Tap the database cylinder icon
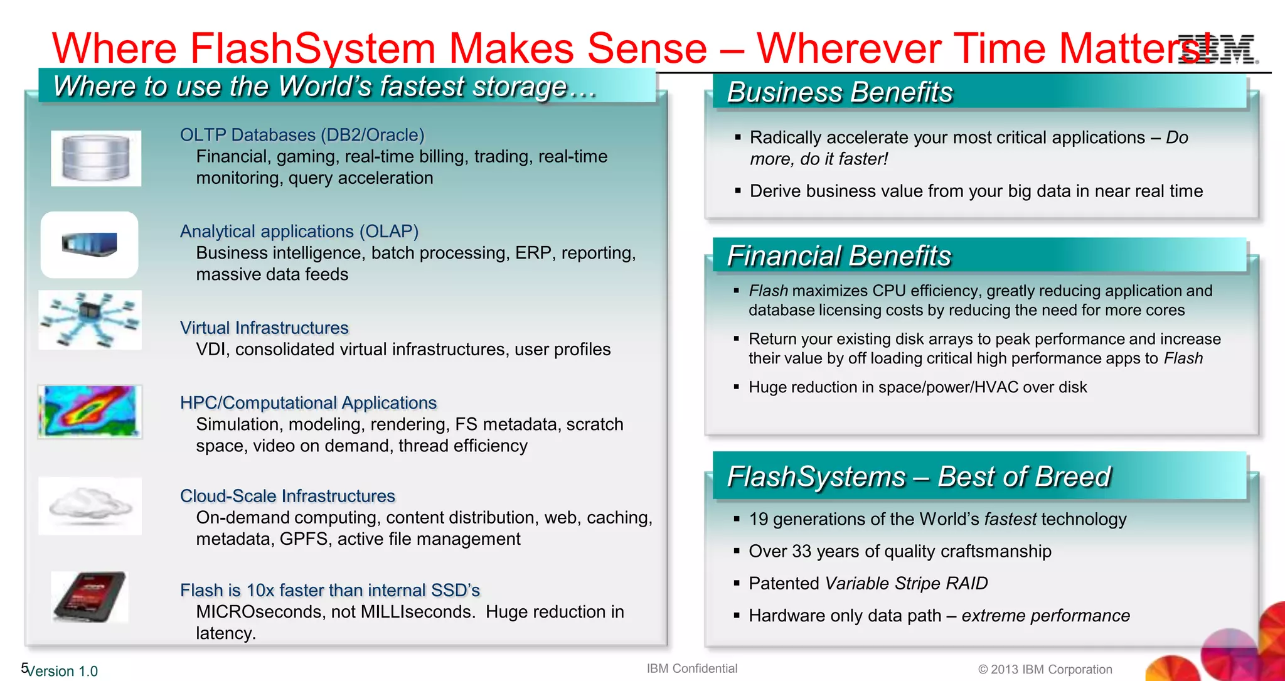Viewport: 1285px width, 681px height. pos(96,158)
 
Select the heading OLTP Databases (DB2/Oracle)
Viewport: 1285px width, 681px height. pos(302,135)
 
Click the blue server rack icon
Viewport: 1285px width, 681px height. pos(90,244)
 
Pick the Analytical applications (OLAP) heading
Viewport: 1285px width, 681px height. pos(299,232)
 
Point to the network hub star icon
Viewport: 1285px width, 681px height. pos(90,319)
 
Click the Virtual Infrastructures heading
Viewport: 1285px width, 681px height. pos(264,328)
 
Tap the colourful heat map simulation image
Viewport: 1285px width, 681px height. pos(90,411)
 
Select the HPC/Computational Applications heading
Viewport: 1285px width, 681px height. pos(308,403)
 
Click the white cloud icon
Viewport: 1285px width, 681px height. pos(90,505)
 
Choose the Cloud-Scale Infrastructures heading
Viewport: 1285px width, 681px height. pos(287,496)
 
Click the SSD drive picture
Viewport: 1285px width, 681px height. pos(90,596)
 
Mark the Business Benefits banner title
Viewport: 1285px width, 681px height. pos(840,92)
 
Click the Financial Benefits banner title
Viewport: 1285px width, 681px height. pos(839,256)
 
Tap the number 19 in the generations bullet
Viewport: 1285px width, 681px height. pos(758,519)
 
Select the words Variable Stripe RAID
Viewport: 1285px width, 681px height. pos(906,583)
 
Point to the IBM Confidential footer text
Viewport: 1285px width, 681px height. pos(692,668)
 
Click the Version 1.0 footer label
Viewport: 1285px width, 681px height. pos(63,671)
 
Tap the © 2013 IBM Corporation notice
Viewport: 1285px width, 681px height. pos(1045,670)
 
